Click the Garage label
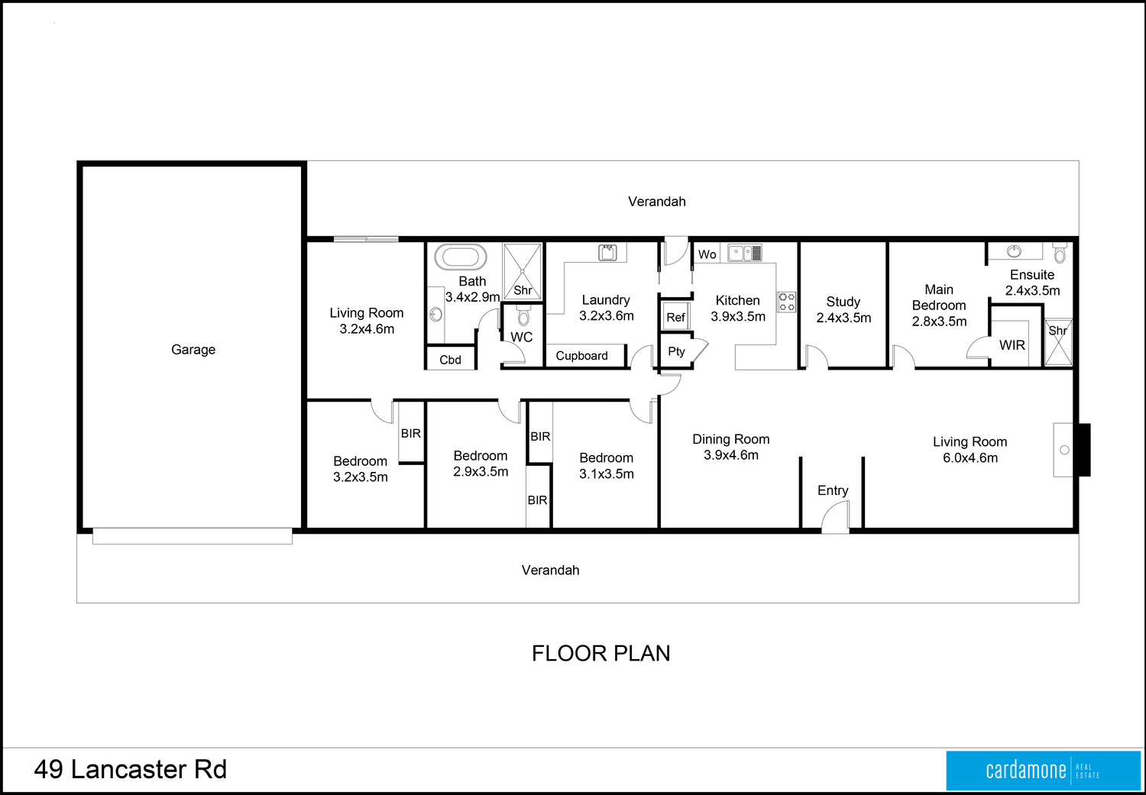tap(193, 350)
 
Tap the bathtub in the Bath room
tap(461, 257)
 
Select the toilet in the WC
tap(523, 315)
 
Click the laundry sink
tap(608, 252)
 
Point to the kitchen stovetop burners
tap(787, 302)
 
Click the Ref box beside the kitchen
tap(676, 316)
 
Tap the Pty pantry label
tap(676, 352)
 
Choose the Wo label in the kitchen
tap(707, 254)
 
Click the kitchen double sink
tap(745, 253)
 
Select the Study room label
tap(843, 302)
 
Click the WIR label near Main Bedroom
tap(1012, 345)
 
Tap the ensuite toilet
tap(1060, 252)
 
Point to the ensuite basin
tap(1014, 250)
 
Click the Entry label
tap(833, 491)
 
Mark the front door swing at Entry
tap(836, 516)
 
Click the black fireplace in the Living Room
tap(1085, 450)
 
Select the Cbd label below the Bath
tap(450, 360)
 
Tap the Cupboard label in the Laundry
tap(581, 356)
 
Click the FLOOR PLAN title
tap(601, 654)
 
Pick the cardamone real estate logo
tap(1043, 771)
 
